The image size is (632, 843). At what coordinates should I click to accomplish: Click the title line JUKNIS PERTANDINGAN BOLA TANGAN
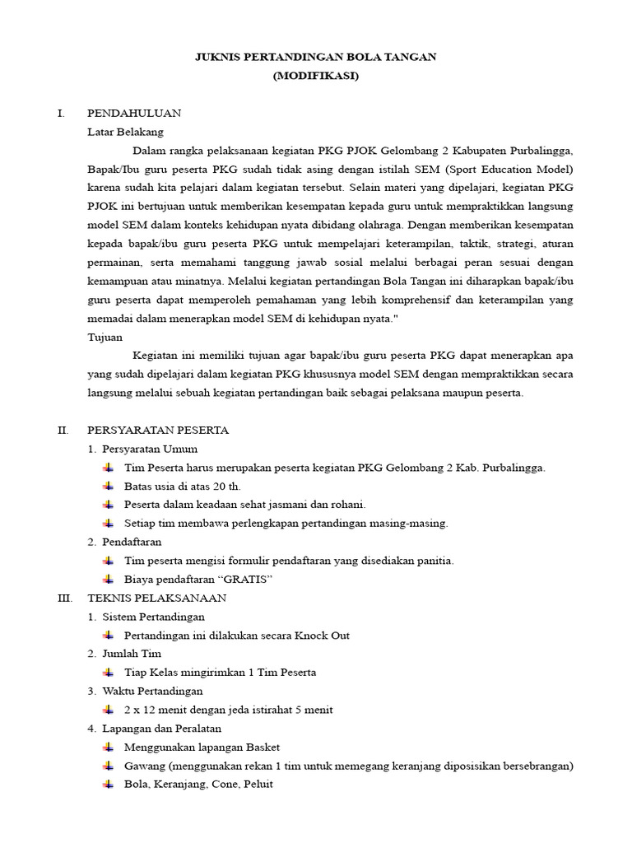coord(315,57)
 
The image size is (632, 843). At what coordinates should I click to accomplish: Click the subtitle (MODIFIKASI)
coord(315,76)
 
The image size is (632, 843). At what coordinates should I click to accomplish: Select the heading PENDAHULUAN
coord(134,113)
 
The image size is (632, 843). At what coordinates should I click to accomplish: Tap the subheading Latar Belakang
coord(125,132)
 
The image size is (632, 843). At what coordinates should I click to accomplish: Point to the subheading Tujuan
coord(105,337)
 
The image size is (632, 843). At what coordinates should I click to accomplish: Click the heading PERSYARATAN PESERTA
coord(158,430)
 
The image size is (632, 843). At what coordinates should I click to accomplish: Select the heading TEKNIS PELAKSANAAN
coord(156,598)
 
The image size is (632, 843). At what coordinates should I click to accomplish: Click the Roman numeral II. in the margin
coord(63,430)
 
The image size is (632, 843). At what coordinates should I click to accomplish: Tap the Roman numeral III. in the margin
coord(65,598)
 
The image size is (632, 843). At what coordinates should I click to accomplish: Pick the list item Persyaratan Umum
coord(150,449)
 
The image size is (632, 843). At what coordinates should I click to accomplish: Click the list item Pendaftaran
coord(132,542)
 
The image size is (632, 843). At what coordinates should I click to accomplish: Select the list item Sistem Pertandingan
coord(153,616)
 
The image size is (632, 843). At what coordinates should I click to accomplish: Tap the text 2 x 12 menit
coord(157,709)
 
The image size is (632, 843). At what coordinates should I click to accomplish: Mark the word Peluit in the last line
coord(256,784)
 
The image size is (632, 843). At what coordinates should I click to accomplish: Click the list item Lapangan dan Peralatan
coord(161,728)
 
